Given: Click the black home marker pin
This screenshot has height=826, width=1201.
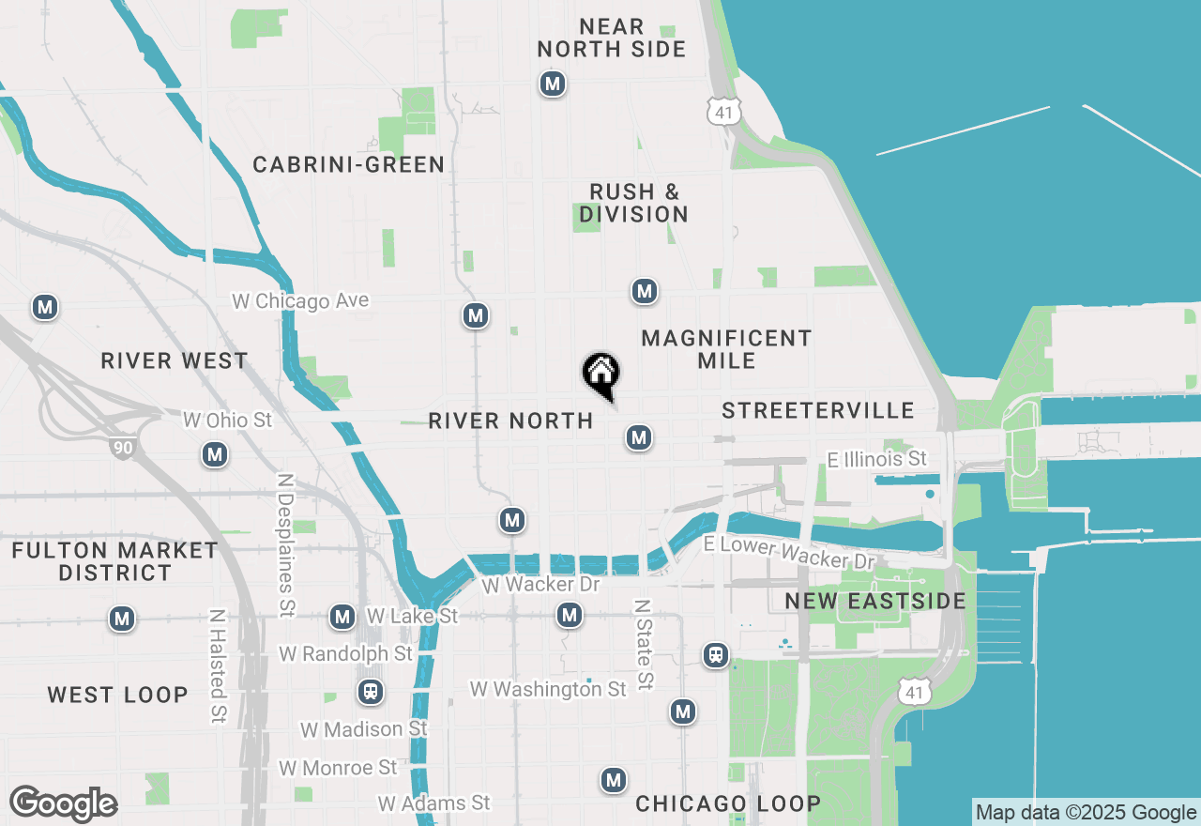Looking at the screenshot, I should [600, 375].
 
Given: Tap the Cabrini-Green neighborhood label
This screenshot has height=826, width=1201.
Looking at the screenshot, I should [349, 165].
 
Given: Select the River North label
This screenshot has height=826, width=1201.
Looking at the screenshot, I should [510, 421].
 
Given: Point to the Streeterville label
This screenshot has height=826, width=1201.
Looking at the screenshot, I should [818, 410].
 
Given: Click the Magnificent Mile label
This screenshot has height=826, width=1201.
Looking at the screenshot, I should [726, 349].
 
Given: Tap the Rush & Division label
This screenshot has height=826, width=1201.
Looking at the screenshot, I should [633, 204].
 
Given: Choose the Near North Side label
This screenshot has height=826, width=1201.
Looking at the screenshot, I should [612, 38].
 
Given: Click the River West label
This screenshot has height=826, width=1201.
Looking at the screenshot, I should [175, 361].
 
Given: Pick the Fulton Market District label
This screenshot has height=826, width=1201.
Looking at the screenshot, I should [115, 561].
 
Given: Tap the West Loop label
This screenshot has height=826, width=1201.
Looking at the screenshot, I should [118, 696].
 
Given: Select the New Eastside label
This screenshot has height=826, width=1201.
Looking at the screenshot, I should [875, 602].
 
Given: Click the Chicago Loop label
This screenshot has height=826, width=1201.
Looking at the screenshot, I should [728, 804].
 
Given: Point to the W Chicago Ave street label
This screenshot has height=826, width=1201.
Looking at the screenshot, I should [301, 301].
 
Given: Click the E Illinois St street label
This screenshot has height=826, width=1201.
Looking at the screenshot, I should [876, 459].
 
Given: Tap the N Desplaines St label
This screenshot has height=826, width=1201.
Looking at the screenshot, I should [285, 544].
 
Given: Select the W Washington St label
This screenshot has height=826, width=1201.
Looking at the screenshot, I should [548, 690].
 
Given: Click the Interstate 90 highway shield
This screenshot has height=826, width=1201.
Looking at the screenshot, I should [123, 448].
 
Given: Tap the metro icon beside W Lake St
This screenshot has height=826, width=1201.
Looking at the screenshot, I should [342, 617].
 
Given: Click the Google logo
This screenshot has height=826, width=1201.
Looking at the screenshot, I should [64, 804].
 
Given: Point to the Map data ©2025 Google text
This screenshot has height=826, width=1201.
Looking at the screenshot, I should [1086, 813].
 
